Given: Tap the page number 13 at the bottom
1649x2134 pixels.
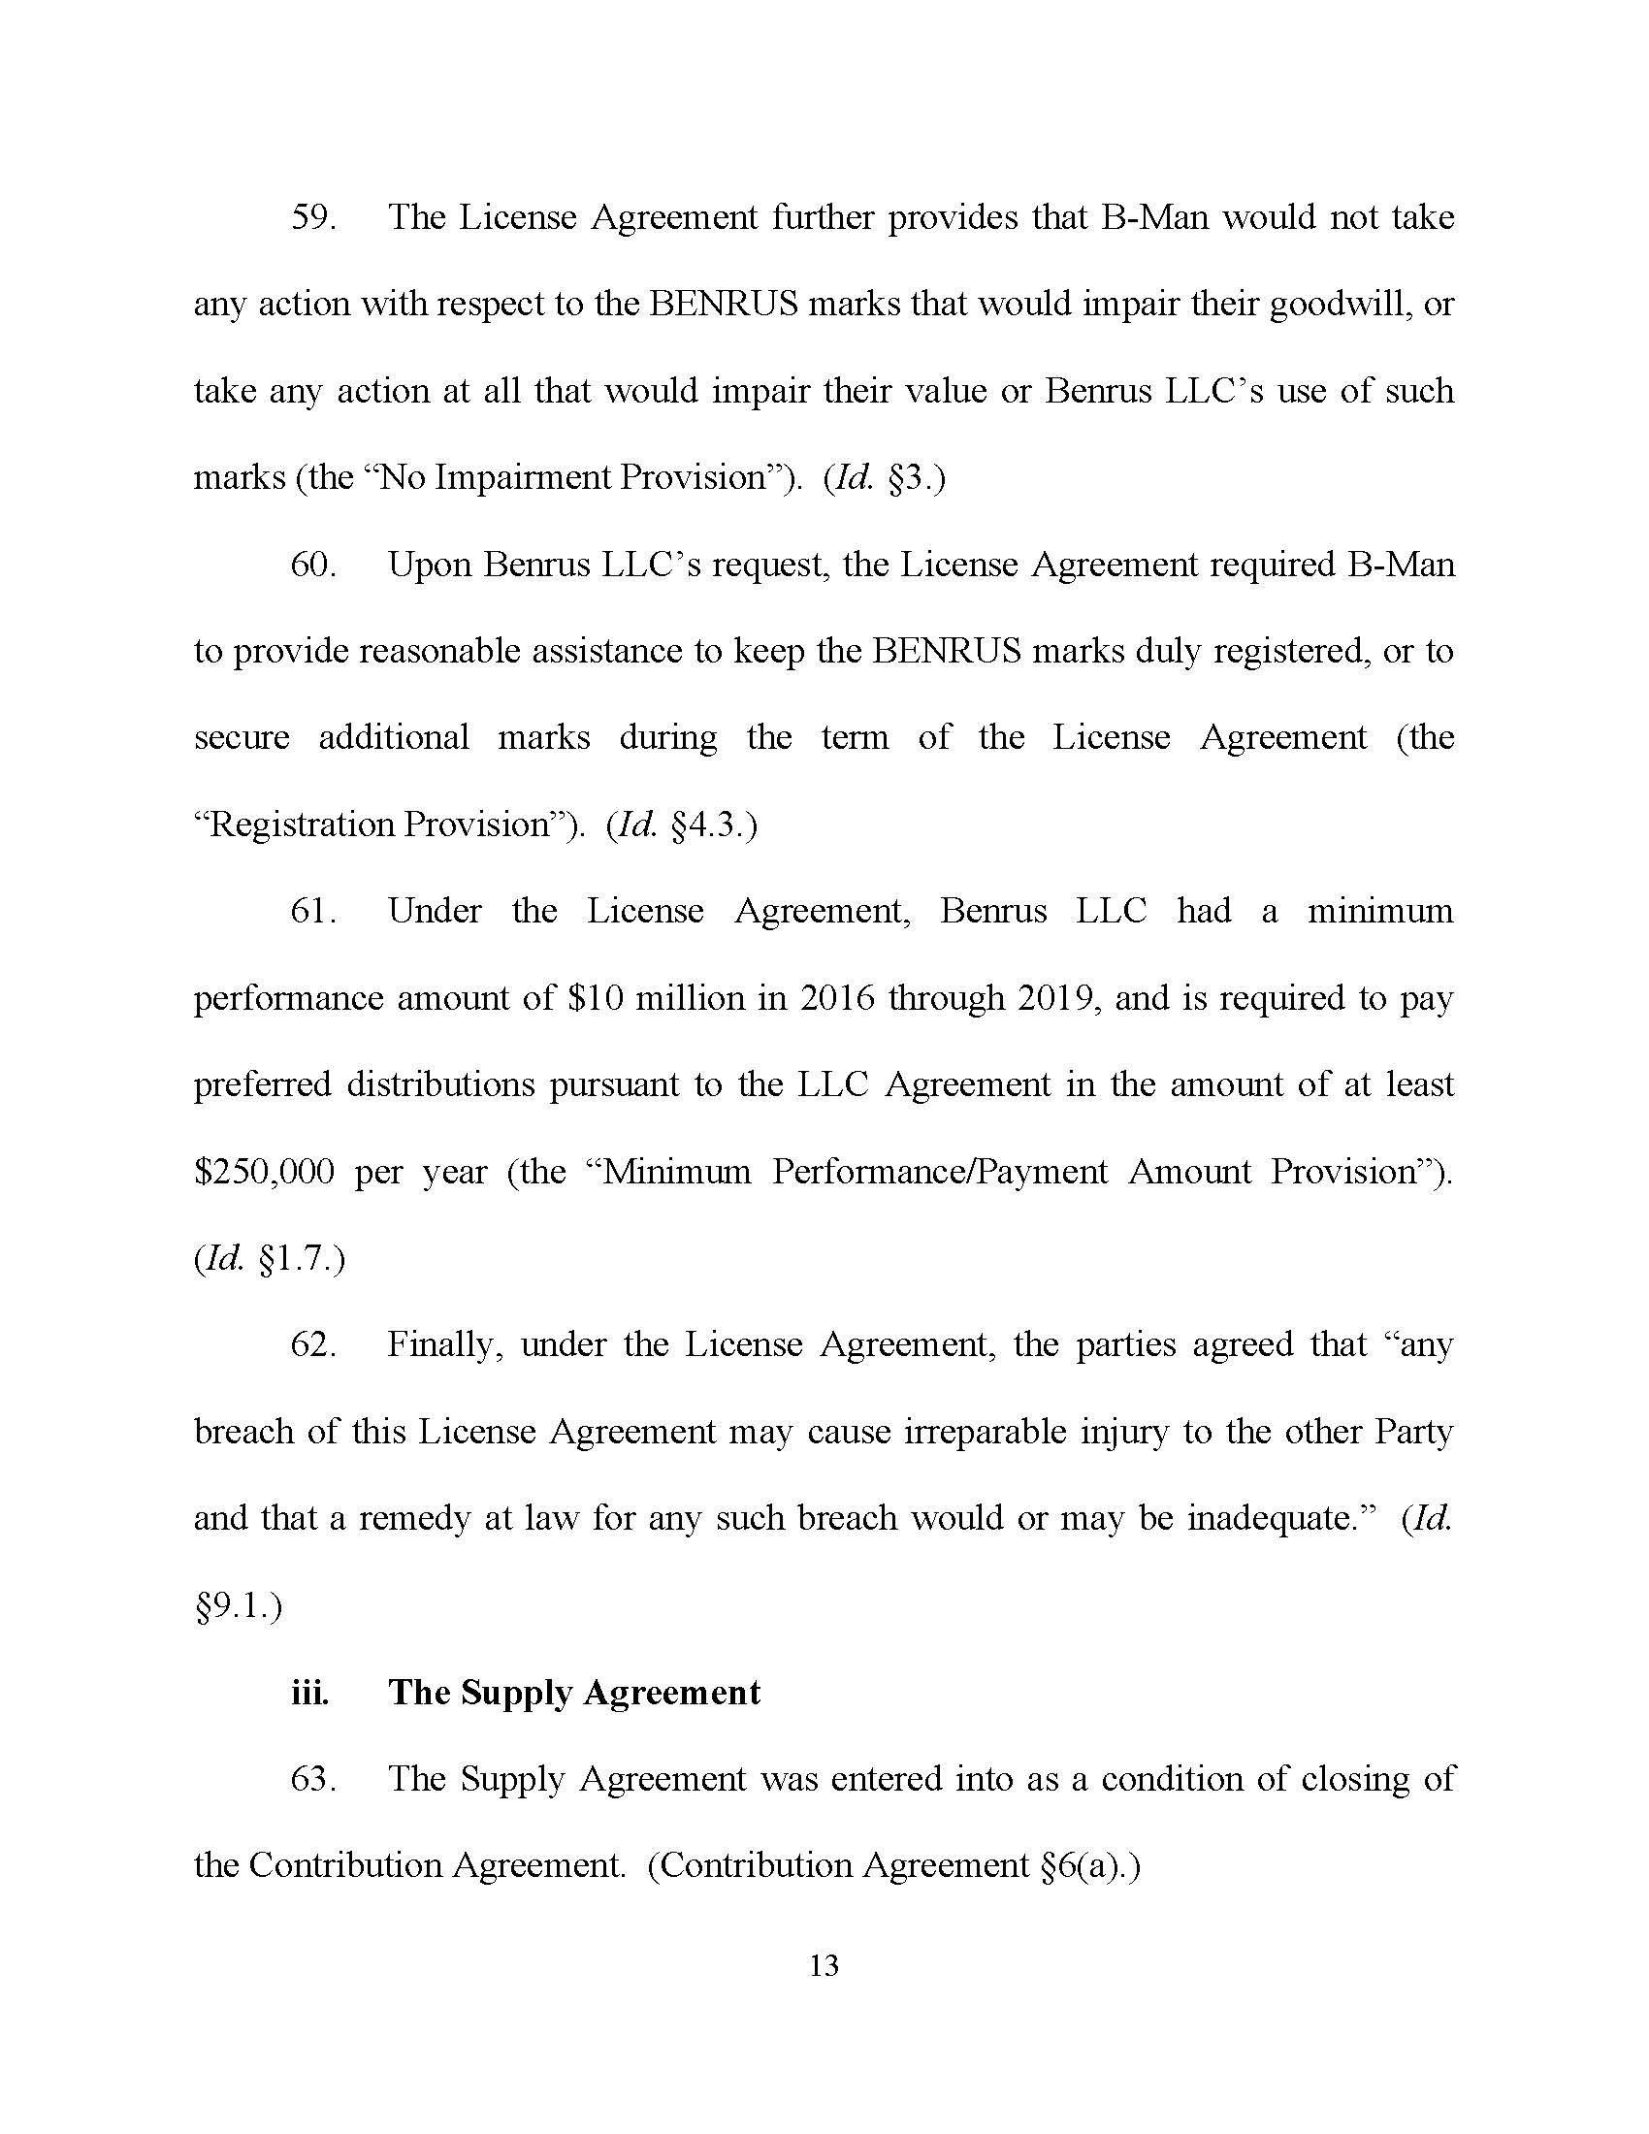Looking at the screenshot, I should [824, 1966].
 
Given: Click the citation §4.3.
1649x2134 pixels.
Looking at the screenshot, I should [710, 825].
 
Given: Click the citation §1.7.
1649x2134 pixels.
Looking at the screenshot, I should [296, 1259].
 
